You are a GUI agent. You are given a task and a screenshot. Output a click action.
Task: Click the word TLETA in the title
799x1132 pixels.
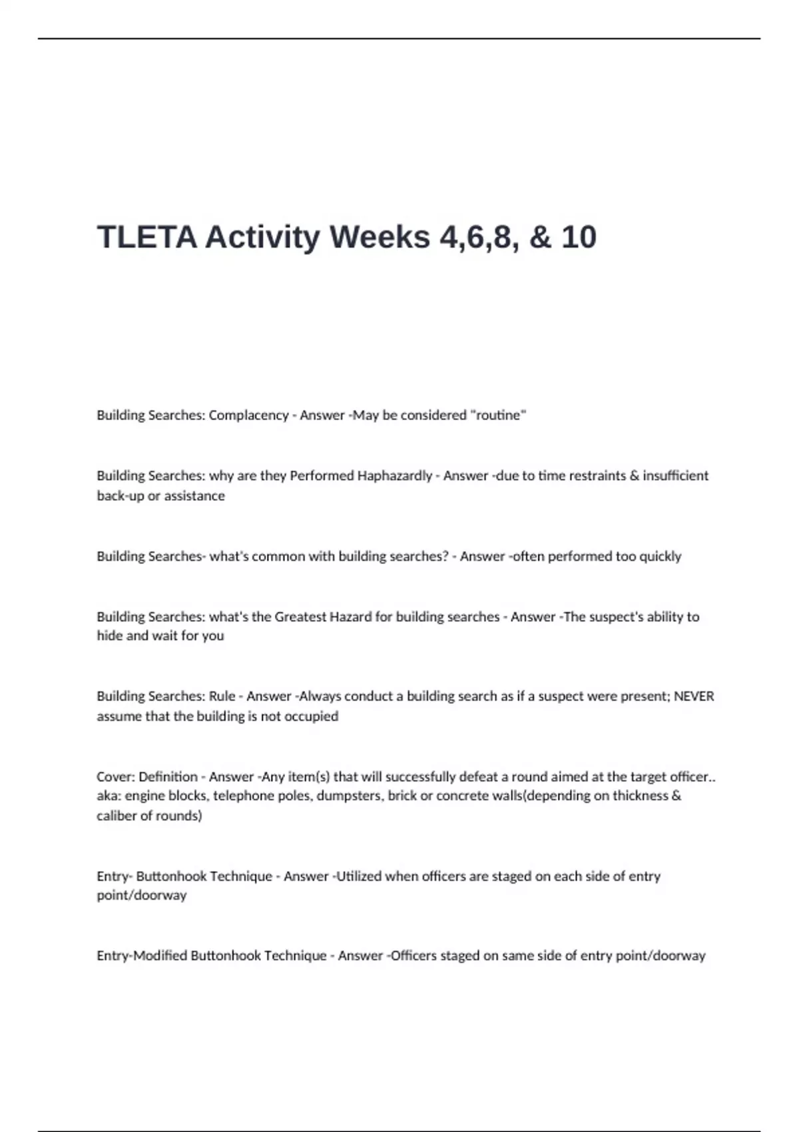146,237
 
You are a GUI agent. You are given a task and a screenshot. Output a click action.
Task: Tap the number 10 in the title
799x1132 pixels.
578,237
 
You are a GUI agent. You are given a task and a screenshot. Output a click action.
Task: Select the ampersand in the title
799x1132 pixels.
540,237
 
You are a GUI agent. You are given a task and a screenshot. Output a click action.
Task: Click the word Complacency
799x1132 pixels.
248,415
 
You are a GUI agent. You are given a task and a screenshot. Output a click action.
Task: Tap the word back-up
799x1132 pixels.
121,495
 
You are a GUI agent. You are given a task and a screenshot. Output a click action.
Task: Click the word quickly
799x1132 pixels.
660,556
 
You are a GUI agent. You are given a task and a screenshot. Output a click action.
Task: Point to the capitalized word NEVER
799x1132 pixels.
694,696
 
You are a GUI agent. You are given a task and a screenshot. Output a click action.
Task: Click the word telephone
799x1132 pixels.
240,795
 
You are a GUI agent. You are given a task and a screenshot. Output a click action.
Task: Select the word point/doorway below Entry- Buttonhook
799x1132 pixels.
142,895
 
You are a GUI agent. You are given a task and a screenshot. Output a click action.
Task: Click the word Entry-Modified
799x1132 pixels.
142,956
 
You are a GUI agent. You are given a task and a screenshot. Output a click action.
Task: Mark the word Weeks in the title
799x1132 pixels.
380,237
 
